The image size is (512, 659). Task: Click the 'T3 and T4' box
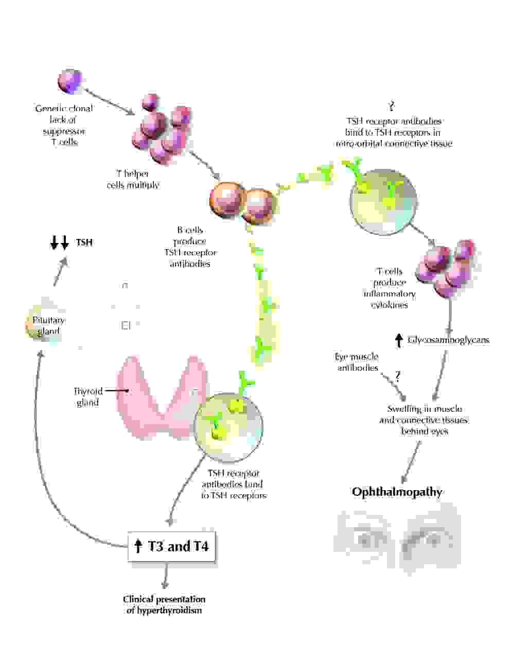coord(171,546)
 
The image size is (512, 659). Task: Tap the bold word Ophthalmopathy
coord(397,492)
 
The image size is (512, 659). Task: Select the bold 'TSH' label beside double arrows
coord(84,242)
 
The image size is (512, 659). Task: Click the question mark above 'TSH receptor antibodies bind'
coord(392,107)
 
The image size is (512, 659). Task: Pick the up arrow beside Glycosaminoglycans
coord(398,340)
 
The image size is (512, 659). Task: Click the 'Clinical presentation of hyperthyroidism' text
coord(164,604)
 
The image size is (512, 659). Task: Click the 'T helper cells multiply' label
coord(133,179)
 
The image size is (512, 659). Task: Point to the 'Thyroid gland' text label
coord(87,397)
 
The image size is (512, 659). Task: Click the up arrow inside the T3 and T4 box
coord(138,546)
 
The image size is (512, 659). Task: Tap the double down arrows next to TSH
coord(59,242)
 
